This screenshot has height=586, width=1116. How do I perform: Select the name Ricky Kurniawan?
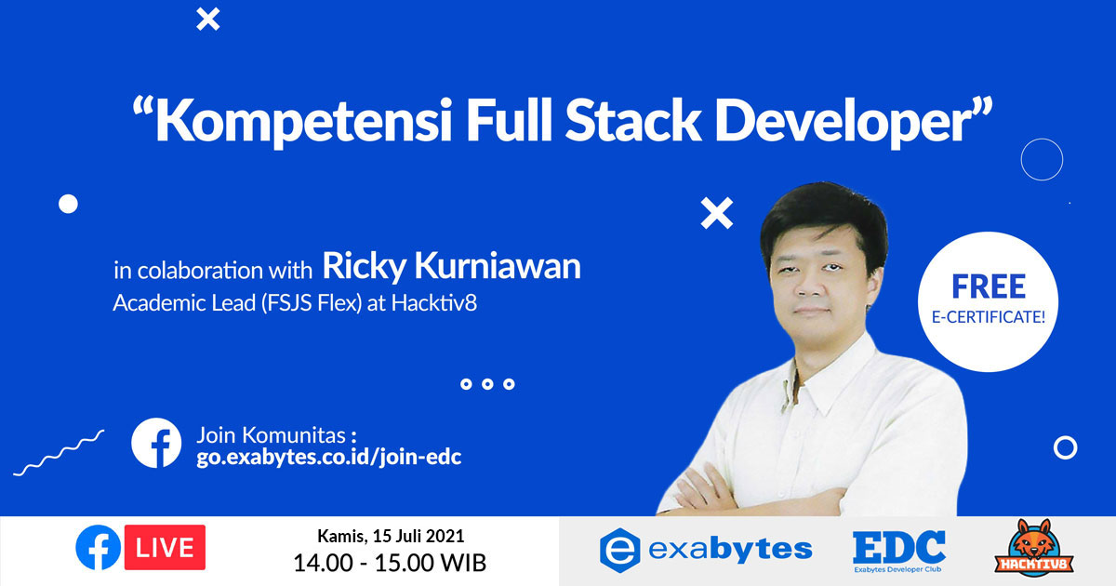click(x=451, y=266)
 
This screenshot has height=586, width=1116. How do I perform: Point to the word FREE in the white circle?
click(x=989, y=286)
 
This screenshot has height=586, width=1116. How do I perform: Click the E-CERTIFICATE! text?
click(x=989, y=316)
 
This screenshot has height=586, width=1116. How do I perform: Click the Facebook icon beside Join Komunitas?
click(x=156, y=443)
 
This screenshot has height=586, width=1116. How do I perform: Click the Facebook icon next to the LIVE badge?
click(x=99, y=546)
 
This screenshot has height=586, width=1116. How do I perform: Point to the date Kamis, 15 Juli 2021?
click(x=391, y=536)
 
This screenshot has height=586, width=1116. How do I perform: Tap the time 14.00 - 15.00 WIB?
click(x=390, y=562)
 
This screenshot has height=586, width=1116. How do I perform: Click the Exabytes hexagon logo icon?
click(x=620, y=549)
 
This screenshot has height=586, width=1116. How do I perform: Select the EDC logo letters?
click(x=898, y=546)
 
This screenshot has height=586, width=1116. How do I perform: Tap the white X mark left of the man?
click(x=716, y=214)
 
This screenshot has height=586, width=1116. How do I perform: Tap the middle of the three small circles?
click(x=487, y=384)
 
